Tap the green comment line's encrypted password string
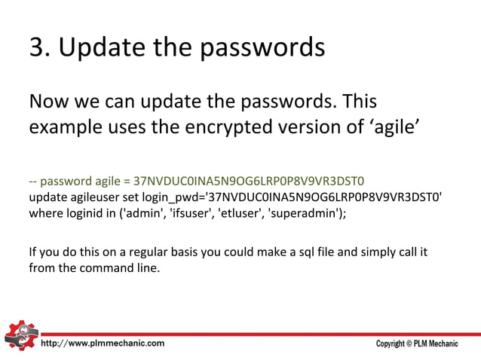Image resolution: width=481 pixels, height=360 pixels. click(x=249, y=182)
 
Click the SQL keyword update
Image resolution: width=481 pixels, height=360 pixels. click(x=47, y=197)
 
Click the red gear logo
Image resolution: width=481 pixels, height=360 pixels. click(x=19, y=336)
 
